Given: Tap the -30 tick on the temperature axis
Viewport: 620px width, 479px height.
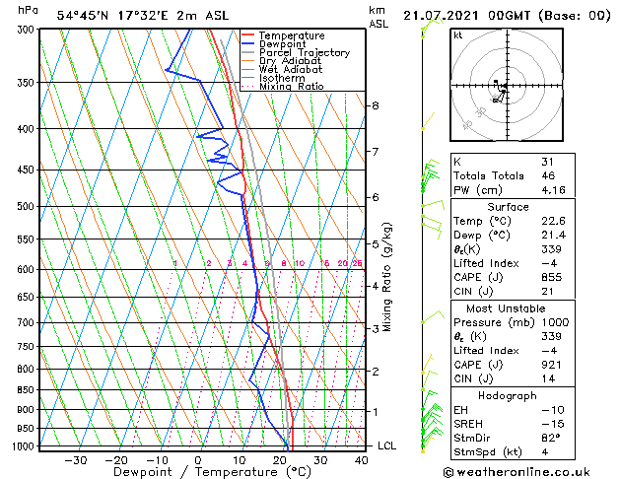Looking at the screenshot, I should [75, 460].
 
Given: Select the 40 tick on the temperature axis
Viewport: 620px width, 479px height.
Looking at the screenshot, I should [360, 460].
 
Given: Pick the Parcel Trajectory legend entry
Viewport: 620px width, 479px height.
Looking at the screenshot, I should [304, 52].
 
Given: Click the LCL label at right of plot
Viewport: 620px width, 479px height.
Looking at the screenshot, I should [387, 445].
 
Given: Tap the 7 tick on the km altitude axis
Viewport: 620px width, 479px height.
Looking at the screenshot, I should [375, 151].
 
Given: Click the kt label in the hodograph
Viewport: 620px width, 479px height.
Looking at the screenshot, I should [458, 35].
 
